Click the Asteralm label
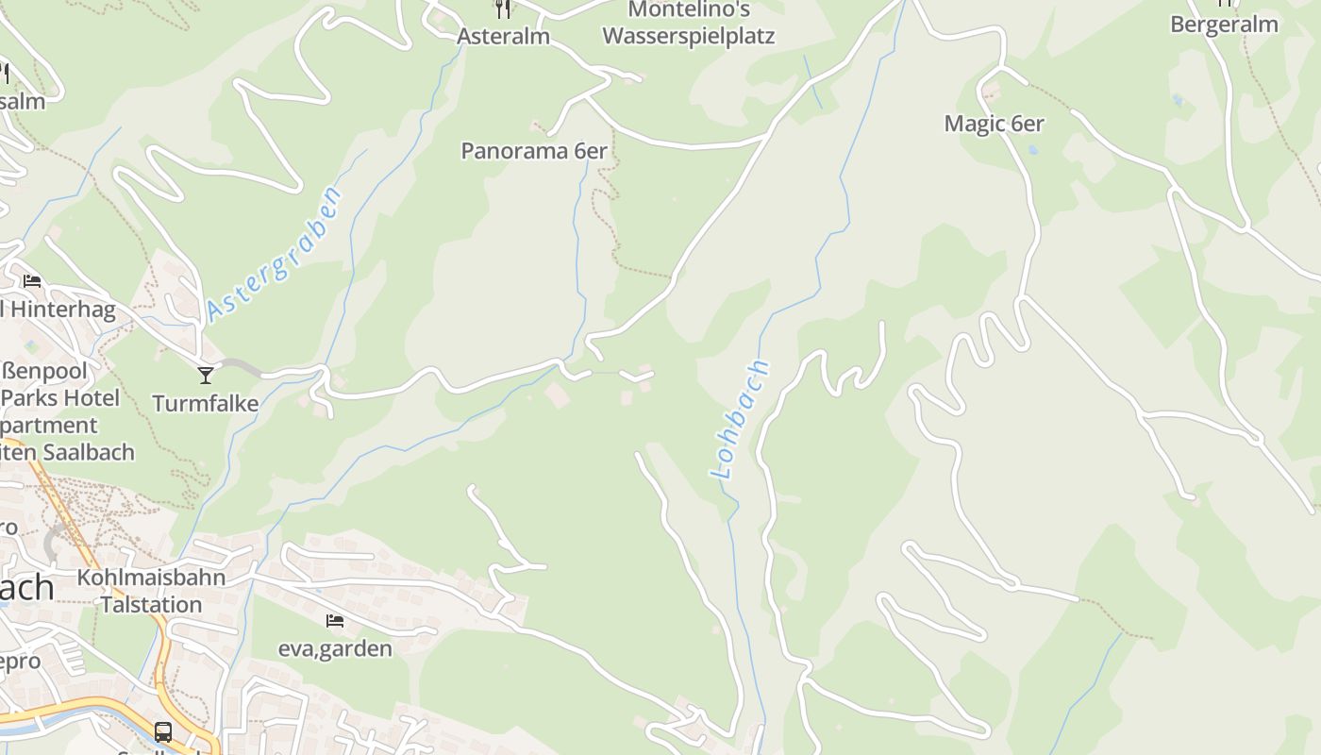pos(503,36)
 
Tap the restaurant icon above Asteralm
pos(503,8)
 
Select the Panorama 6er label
pos(533,151)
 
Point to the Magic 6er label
pos(994,124)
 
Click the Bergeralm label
pos(1224,25)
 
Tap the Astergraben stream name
pos(274,253)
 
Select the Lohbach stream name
pos(740,419)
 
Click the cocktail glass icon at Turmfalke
pos(206,376)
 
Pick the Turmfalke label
pos(206,404)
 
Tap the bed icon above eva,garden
pos(334,621)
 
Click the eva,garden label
pos(334,648)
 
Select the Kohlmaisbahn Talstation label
pos(151,591)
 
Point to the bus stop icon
pos(163,731)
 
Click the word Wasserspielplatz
pos(688,37)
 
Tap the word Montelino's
pos(688,9)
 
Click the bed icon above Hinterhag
pos(32,281)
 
